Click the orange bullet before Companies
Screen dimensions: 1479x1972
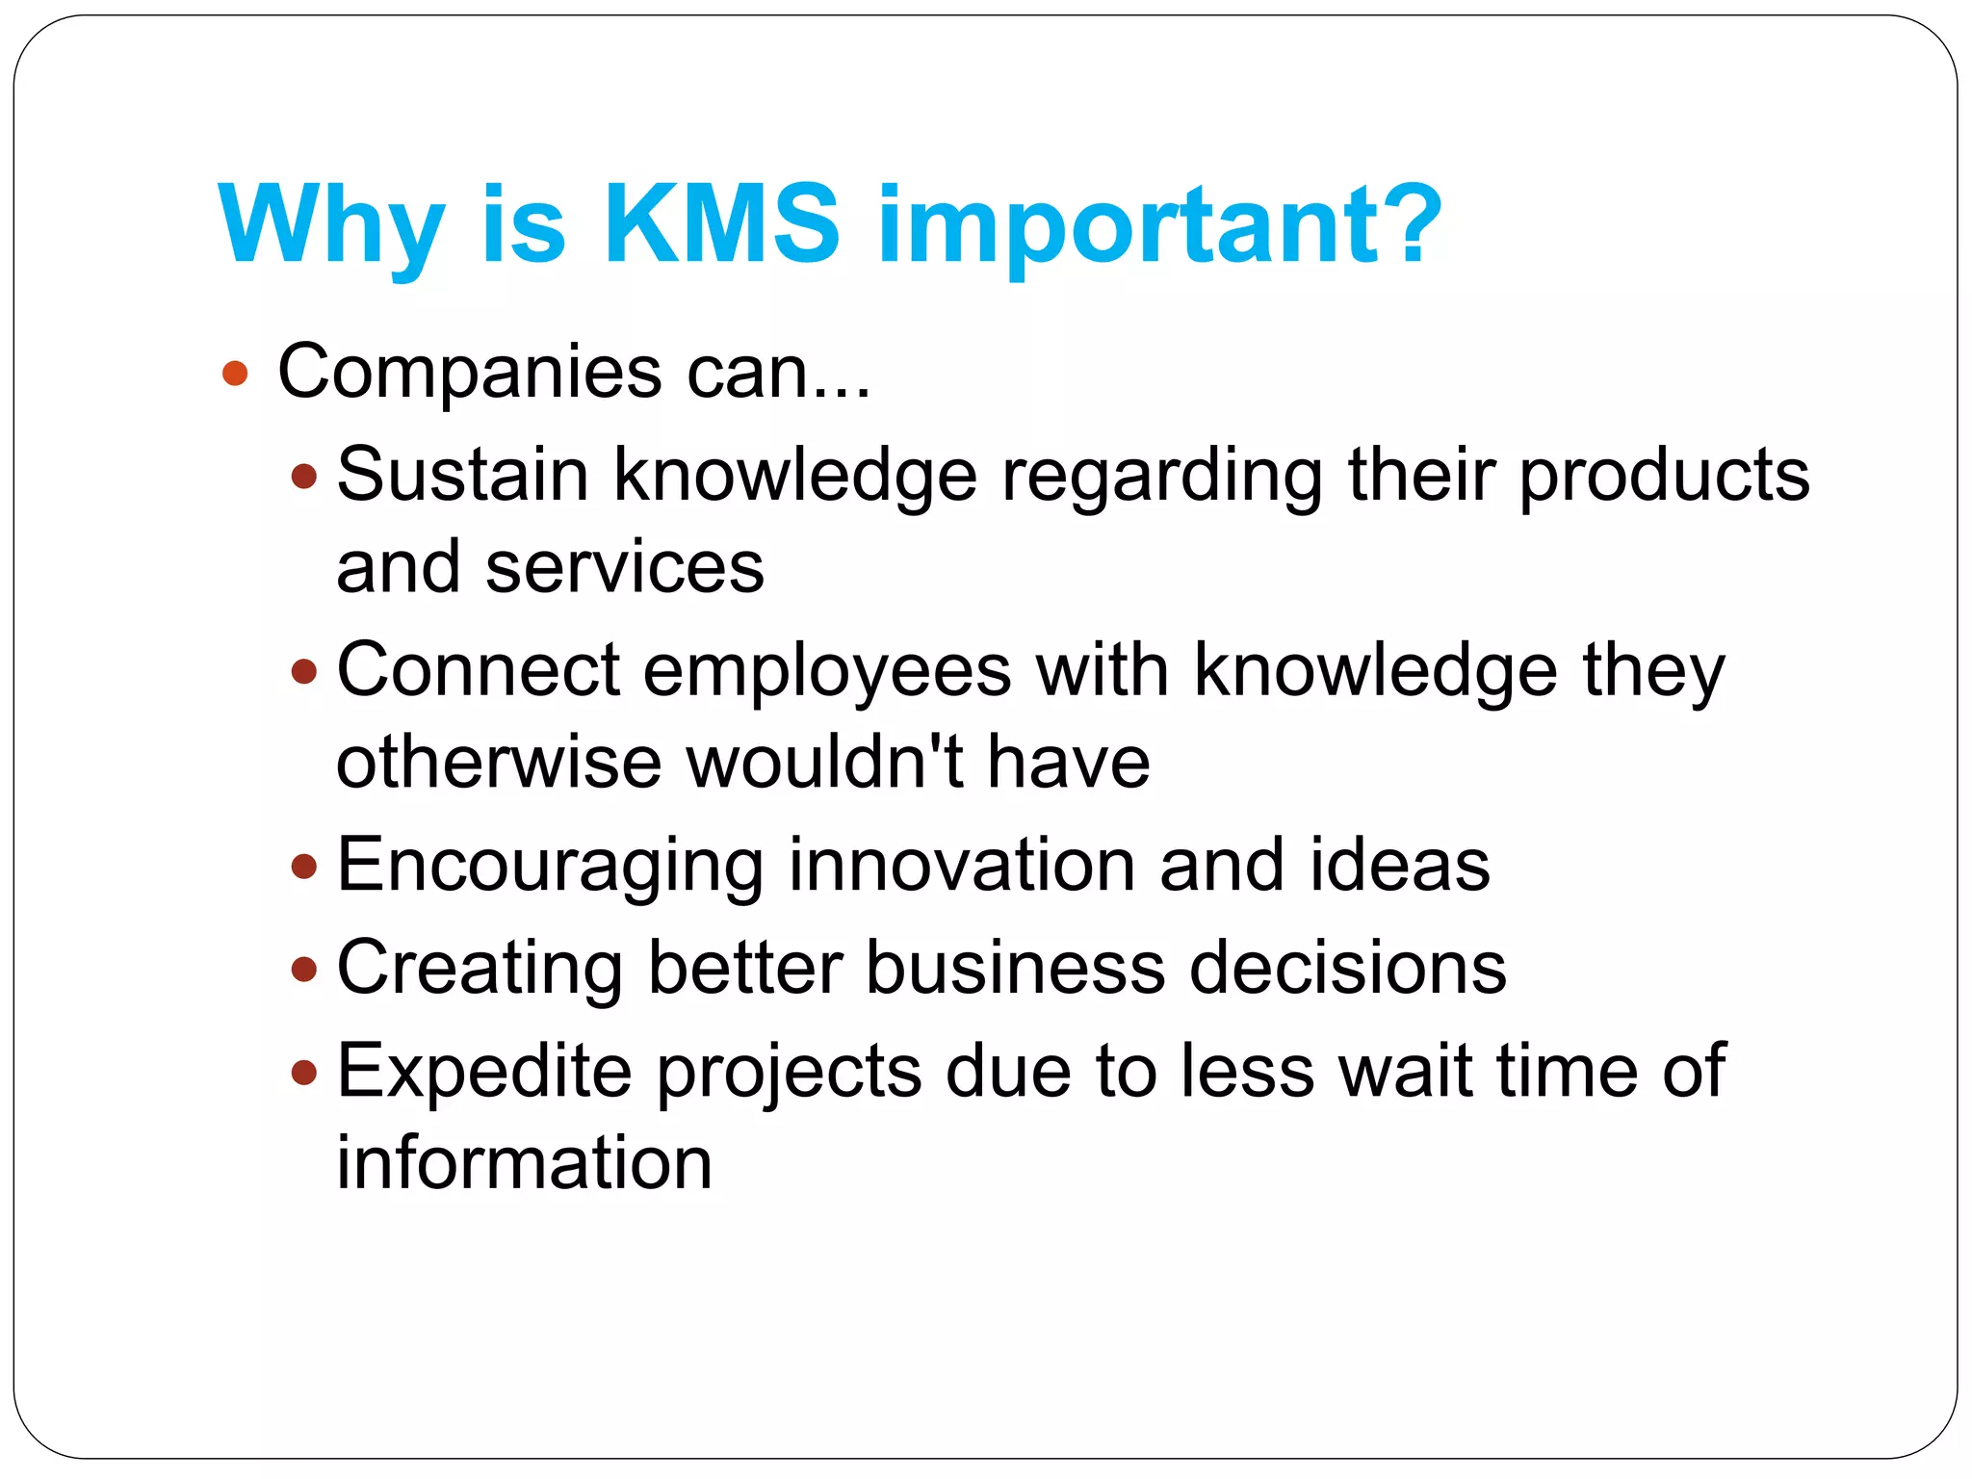tap(235, 374)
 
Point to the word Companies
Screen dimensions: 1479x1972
tap(470, 374)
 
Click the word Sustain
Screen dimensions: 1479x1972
tap(462, 475)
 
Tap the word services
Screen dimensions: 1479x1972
tap(625, 568)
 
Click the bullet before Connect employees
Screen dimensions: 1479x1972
tap(303, 671)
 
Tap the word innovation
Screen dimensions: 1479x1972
tap(962, 865)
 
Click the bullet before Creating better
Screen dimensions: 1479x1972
tap(303, 969)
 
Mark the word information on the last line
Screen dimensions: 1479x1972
tap(524, 1163)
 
